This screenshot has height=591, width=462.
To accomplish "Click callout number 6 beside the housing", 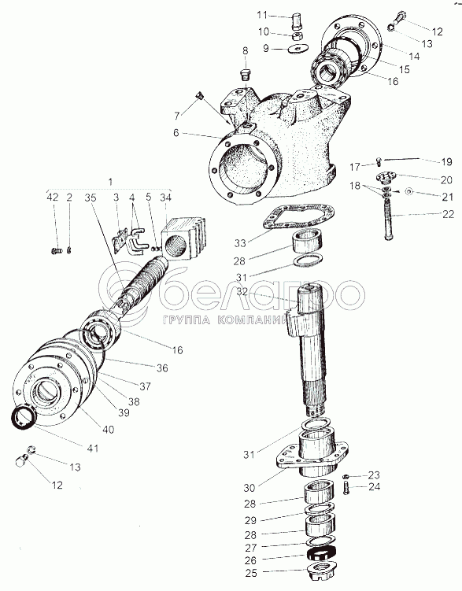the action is [x=176, y=133].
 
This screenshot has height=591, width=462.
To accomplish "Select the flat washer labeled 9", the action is [x=298, y=49].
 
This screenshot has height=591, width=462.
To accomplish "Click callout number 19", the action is [x=446, y=161].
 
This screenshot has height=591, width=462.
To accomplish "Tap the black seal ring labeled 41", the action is [x=23, y=417].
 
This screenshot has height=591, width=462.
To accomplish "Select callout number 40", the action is [x=108, y=430].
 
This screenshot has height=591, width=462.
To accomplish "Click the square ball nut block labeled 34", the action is [x=184, y=237].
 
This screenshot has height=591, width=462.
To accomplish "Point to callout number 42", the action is [x=53, y=197].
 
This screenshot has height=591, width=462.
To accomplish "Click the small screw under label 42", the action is [x=56, y=249].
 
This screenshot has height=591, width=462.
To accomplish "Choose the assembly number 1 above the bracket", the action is [x=110, y=181].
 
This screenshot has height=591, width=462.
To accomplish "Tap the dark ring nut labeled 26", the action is [x=320, y=553].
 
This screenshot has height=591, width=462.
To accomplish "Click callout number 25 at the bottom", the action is [x=251, y=573].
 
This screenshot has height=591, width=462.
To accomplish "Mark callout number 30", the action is [x=249, y=488].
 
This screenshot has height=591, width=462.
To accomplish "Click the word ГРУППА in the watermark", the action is [x=187, y=320].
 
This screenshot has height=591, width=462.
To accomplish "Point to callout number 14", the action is [x=414, y=56].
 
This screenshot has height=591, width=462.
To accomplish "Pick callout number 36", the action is [x=162, y=368].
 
